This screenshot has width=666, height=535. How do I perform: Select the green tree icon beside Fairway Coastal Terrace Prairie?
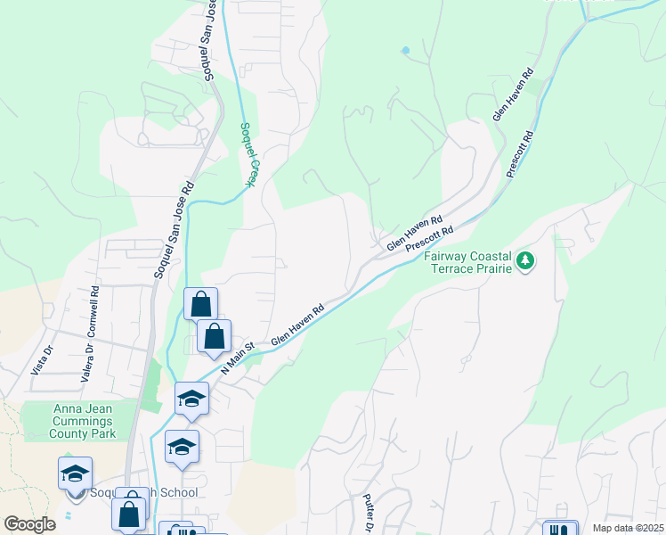click(x=526, y=260)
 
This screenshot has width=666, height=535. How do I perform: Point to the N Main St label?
click(x=238, y=356)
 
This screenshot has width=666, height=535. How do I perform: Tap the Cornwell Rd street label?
click(x=93, y=315)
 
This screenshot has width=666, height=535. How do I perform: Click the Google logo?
click(x=30, y=524)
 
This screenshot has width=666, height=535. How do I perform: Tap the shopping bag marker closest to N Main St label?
click(x=214, y=337)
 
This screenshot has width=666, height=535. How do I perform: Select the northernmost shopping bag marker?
click(x=201, y=305)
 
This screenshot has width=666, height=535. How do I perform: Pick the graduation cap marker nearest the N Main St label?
click(x=191, y=399)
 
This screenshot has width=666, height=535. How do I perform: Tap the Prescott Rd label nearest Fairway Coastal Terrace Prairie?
click(x=429, y=237)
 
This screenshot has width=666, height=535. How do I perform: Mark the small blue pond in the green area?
click(x=406, y=50)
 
